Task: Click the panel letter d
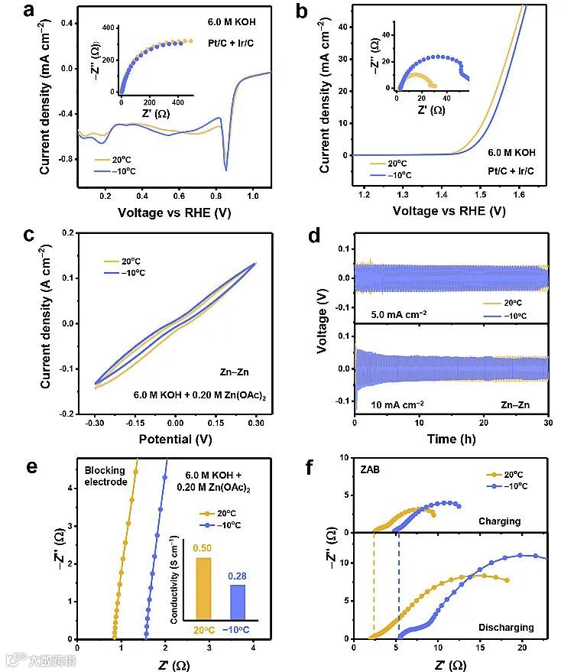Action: point(315,236)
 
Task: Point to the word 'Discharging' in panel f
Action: point(504,628)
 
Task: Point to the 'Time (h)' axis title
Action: point(449,441)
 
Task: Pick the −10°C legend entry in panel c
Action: point(124,273)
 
